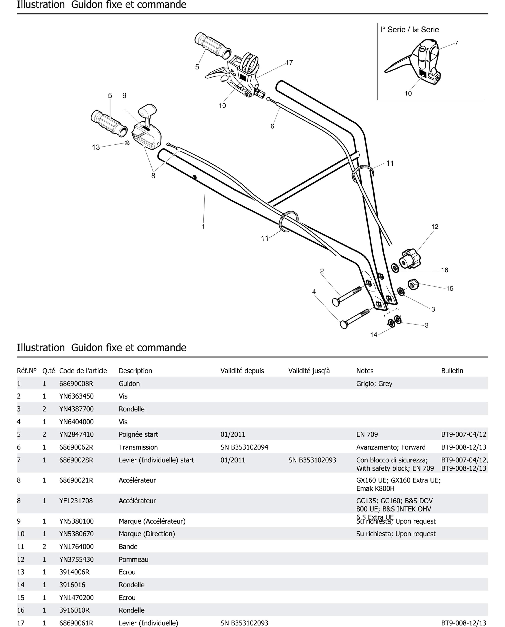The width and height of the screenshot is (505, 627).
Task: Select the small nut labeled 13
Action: coord(127,143)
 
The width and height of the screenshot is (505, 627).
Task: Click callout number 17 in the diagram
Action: coord(289,63)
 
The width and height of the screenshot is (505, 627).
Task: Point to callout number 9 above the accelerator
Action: coord(124,96)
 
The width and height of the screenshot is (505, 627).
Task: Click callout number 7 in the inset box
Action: coord(456,43)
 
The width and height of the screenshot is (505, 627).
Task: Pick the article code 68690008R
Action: coord(76,384)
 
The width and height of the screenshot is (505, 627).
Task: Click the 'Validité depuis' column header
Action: coord(242,371)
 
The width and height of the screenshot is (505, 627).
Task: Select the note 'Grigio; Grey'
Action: coord(374,384)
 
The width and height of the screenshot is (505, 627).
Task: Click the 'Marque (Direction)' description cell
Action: coord(147,534)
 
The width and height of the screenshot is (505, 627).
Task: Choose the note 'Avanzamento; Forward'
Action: coord(391,447)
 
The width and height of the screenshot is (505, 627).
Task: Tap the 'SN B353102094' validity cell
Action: coord(244,447)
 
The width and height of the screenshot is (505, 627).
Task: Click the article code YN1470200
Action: coord(76,598)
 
